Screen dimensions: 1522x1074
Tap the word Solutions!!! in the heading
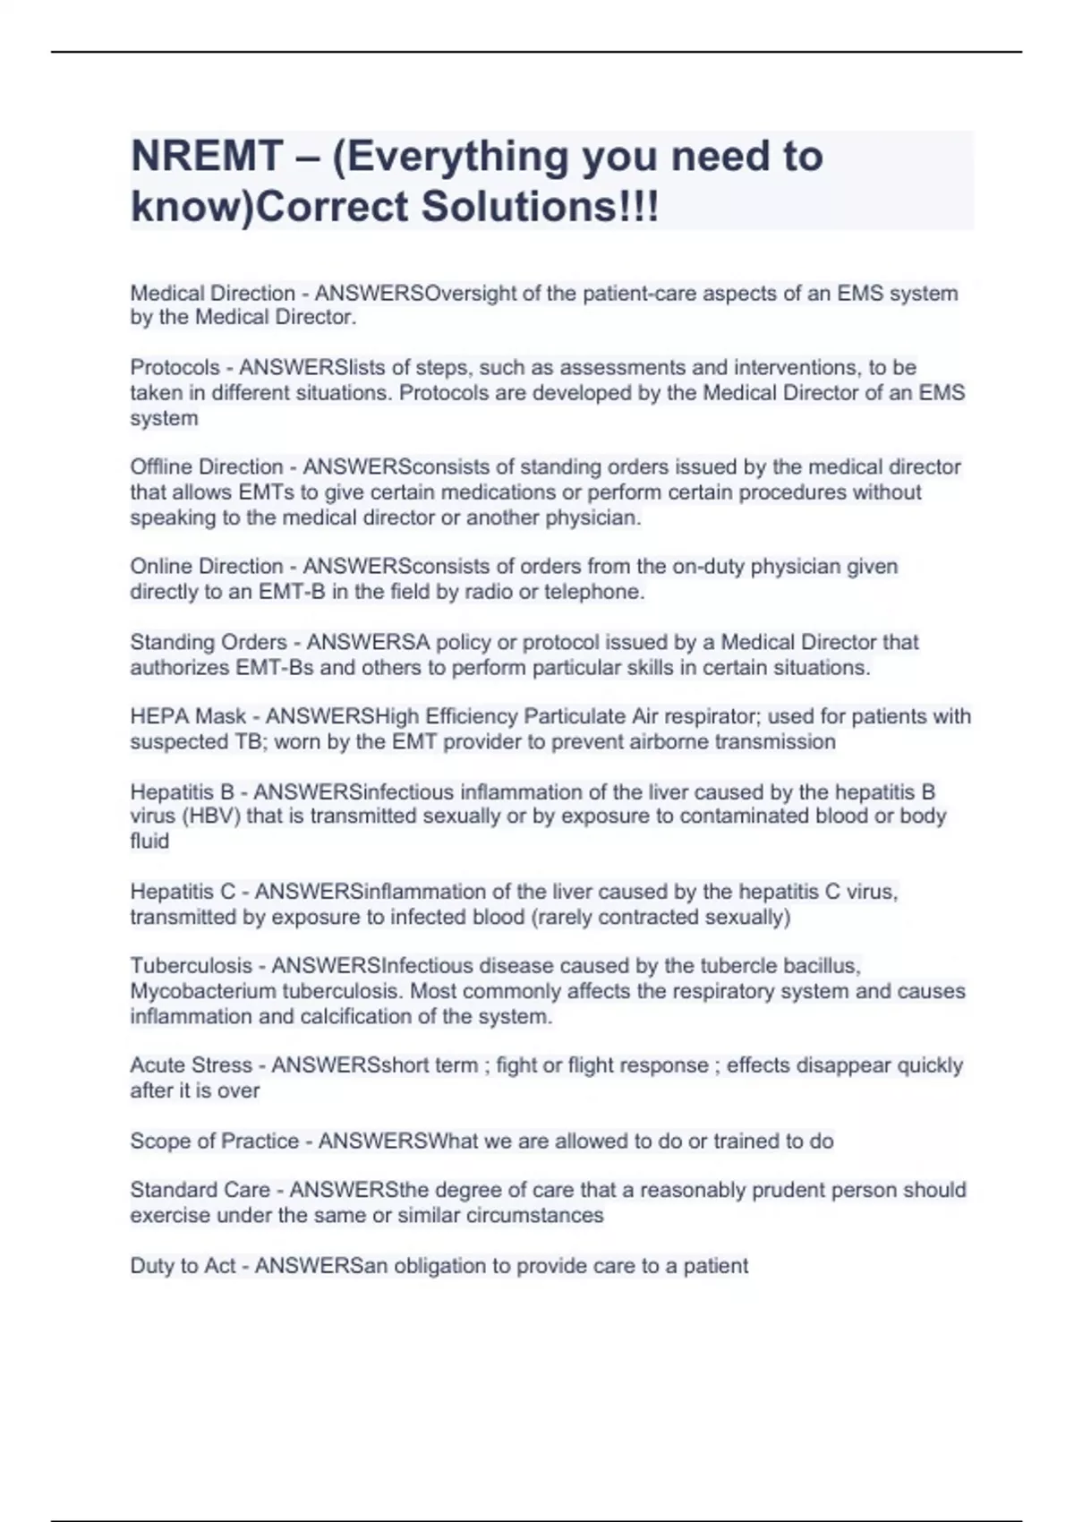(540, 207)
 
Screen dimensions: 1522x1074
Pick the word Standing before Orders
(170, 643)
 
